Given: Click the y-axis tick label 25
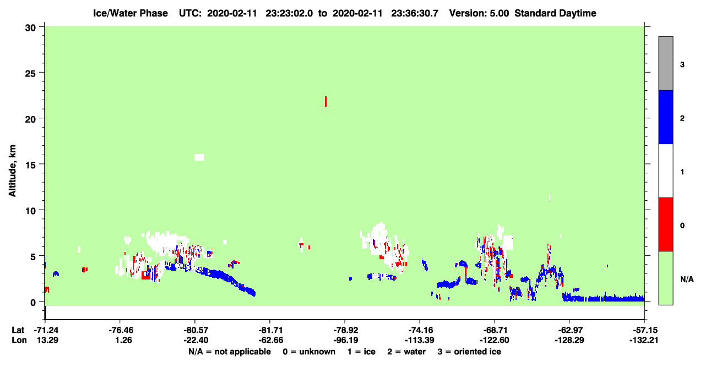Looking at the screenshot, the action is [30, 74].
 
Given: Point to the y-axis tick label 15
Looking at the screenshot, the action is [30, 165].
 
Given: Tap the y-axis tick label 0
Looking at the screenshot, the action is [33, 303].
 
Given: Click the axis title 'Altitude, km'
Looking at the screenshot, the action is [12, 171].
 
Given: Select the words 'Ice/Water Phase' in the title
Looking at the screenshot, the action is [131, 13].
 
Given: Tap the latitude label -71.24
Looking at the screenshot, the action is [46, 330].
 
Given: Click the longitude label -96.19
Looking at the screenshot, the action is [345, 340].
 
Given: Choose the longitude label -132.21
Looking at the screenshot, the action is [644, 340].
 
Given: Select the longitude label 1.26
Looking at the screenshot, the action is [124, 340].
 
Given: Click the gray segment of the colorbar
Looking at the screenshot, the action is [665, 63].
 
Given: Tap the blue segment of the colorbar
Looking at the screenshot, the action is [665, 117].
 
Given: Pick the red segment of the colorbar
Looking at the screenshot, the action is [665, 224].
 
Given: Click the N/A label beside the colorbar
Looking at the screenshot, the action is [687, 280].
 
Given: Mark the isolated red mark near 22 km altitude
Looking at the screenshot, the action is [326, 101].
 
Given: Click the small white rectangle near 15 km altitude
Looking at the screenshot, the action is [199, 157].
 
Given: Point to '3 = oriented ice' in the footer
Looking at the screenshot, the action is [469, 352].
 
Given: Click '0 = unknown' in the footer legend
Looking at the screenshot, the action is [309, 352].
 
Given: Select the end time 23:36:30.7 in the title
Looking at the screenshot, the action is [415, 13].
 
